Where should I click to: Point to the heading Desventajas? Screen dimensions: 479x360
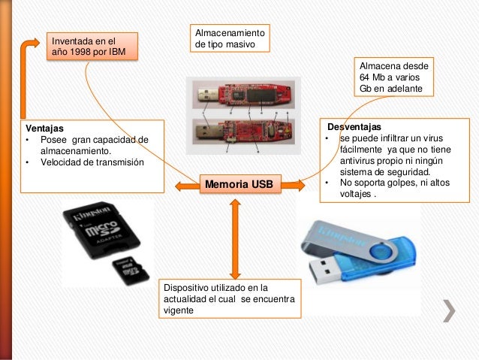354,126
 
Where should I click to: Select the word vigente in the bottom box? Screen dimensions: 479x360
178,310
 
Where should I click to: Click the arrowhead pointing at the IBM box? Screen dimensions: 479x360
32,43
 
